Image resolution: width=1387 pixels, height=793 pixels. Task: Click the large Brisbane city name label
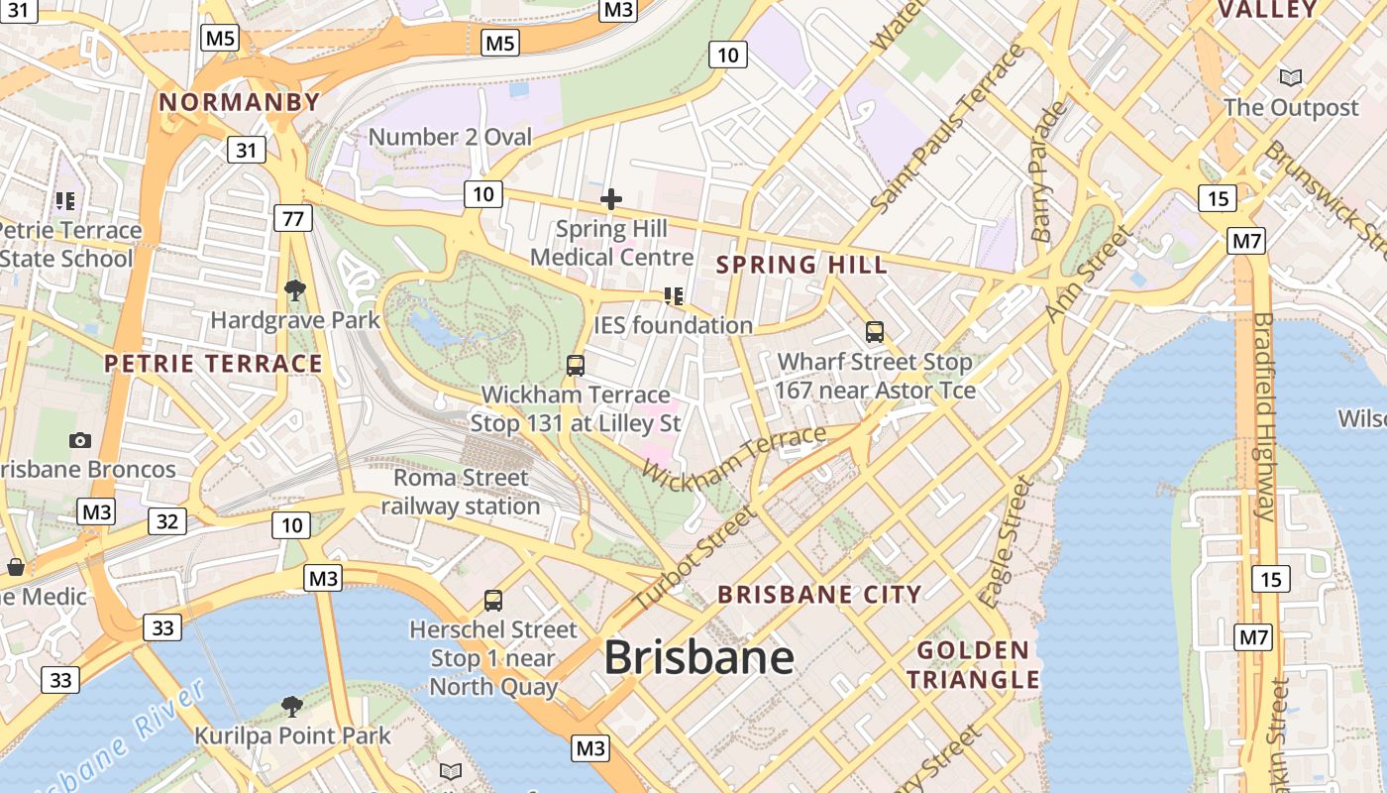tap(698, 657)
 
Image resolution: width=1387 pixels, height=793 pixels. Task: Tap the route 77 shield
tap(292, 218)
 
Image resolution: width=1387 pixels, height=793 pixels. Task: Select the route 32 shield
tap(166, 521)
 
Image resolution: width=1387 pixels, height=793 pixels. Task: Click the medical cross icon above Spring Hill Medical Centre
tap(611, 199)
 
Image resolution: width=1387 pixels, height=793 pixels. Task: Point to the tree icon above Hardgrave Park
tap(294, 290)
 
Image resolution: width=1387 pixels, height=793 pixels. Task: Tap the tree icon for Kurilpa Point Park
tap(291, 706)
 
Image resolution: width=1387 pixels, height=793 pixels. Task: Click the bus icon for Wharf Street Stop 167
tap(875, 332)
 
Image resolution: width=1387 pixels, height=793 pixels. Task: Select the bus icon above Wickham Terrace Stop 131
tap(576, 365)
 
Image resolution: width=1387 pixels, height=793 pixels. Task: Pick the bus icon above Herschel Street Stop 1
tap(492, 600)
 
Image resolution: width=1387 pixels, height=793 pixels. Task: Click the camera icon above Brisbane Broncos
tap(80, 440)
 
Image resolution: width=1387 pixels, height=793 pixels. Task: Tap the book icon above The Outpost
tap(1290, 77)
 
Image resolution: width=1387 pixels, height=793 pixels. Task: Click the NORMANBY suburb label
tap(240, 102)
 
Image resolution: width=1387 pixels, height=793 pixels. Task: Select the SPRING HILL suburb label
tap(801, 265)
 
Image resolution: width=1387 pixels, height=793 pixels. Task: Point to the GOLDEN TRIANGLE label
tap(973, 665)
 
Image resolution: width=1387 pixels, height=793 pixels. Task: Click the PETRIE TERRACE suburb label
tap(214, 363)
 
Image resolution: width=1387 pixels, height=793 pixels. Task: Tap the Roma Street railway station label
tap(461, 492)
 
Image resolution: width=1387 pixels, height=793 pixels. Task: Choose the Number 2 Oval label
tap(450, 137)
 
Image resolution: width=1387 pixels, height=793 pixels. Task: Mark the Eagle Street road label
tap(1006, 541)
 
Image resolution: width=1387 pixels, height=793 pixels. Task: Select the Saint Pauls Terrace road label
tap(946, 129)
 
